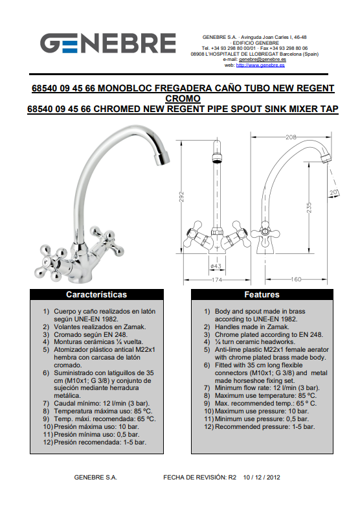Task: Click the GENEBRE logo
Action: [108, 43]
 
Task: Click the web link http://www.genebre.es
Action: [260, 65]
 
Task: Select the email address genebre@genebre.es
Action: [262, 60]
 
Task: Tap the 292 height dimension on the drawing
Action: [181, 197]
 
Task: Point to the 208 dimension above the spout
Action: [291, 137]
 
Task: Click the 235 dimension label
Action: [309, 207]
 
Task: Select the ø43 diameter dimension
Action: [216, 266]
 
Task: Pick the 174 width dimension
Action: [216, 280]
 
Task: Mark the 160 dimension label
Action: [295, 279]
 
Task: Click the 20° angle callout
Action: [334, 193]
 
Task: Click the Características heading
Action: [96, 294]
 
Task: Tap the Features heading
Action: [262, 294]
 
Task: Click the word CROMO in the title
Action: [183, 98]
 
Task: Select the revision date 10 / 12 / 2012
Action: [262, 477]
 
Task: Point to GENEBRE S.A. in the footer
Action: [96, 477]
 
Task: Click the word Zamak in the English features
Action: [278, 327]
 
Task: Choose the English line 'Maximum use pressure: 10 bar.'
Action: [262, 411]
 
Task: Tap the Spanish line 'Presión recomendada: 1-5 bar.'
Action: [100, 442]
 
